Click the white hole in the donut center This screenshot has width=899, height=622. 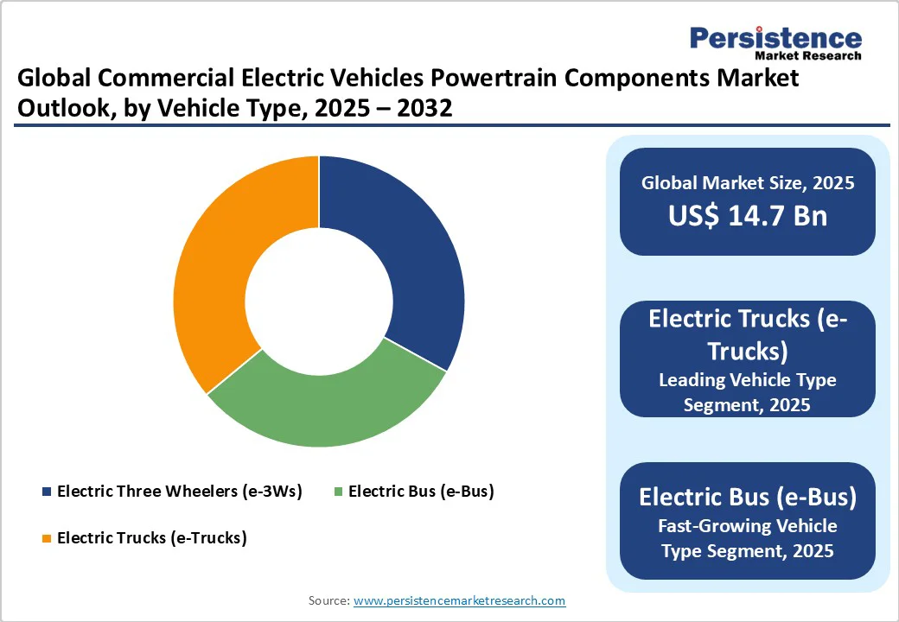[318, 301]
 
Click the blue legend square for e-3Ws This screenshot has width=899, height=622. [46, 492]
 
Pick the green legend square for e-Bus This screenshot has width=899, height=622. [338, 492]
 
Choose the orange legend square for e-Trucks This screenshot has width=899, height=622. [46, 538]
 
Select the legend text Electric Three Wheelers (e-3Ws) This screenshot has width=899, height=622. [179, 492]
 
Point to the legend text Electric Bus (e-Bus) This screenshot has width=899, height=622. [420, 492]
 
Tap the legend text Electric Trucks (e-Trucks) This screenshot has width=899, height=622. [151, 537]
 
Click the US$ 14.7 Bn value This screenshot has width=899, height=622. [747, 215]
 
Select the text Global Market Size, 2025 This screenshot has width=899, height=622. [747, 182]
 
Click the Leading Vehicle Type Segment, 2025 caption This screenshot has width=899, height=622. [747, 391]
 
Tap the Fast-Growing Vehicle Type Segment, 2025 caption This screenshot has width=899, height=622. [747, 537]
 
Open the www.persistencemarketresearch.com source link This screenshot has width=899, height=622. [459, 600]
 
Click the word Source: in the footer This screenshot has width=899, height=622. [328, 600]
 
